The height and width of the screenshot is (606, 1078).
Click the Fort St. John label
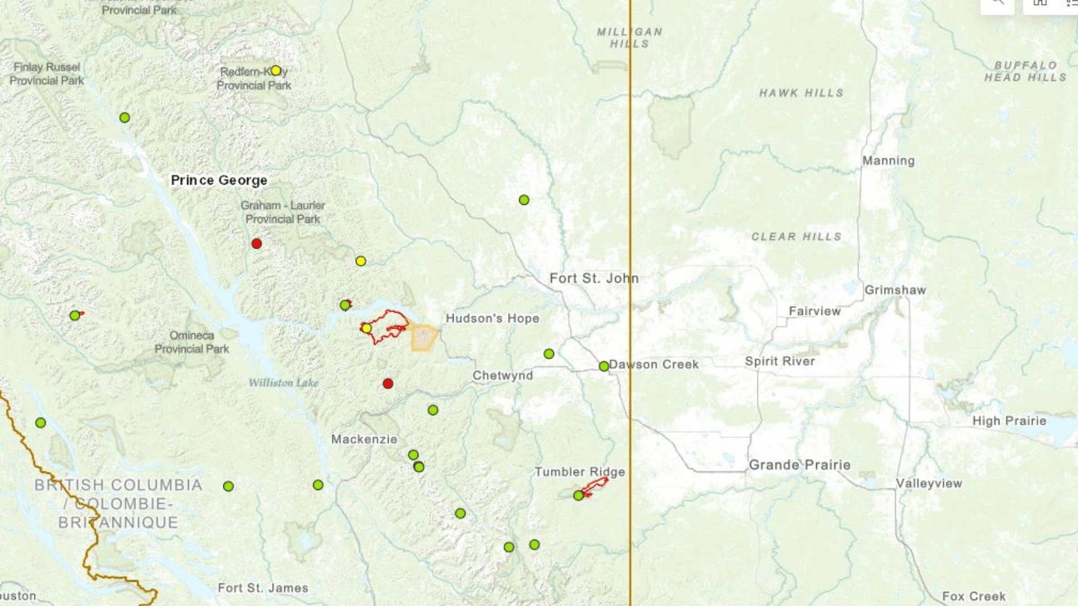tap(593, 278)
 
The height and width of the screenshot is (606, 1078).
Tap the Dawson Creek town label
tap(654, 365)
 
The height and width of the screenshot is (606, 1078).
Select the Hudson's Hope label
tap(492, 319)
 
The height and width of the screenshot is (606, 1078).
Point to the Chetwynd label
tap(503, 375)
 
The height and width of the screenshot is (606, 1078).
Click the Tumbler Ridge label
tap(579, 472)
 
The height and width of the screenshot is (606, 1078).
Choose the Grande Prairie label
tap(800, 465)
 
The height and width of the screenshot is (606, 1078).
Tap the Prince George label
tap(219, 181)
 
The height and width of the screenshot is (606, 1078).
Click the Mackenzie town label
tap(364, 439)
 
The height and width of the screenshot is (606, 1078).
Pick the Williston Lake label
tap(284, 383)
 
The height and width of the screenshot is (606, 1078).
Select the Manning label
tap(888, 161)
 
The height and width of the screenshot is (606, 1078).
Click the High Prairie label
tap(1009, 421)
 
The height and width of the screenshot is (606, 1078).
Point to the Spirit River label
tap(780, 361)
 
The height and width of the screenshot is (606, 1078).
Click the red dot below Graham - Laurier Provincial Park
tap(257, 244)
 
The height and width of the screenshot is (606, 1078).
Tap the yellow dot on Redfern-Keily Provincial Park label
tap(276, 71)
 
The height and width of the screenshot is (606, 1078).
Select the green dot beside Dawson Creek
tap(604, 366)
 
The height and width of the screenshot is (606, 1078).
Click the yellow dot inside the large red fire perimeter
tap(367, 328)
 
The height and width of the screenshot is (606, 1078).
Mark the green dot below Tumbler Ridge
tap(578, 495)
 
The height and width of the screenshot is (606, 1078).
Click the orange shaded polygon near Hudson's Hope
tap(424, 338)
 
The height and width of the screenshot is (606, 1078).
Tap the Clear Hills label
tap(796, 237)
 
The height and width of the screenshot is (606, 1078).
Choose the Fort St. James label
tap(263, 588)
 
